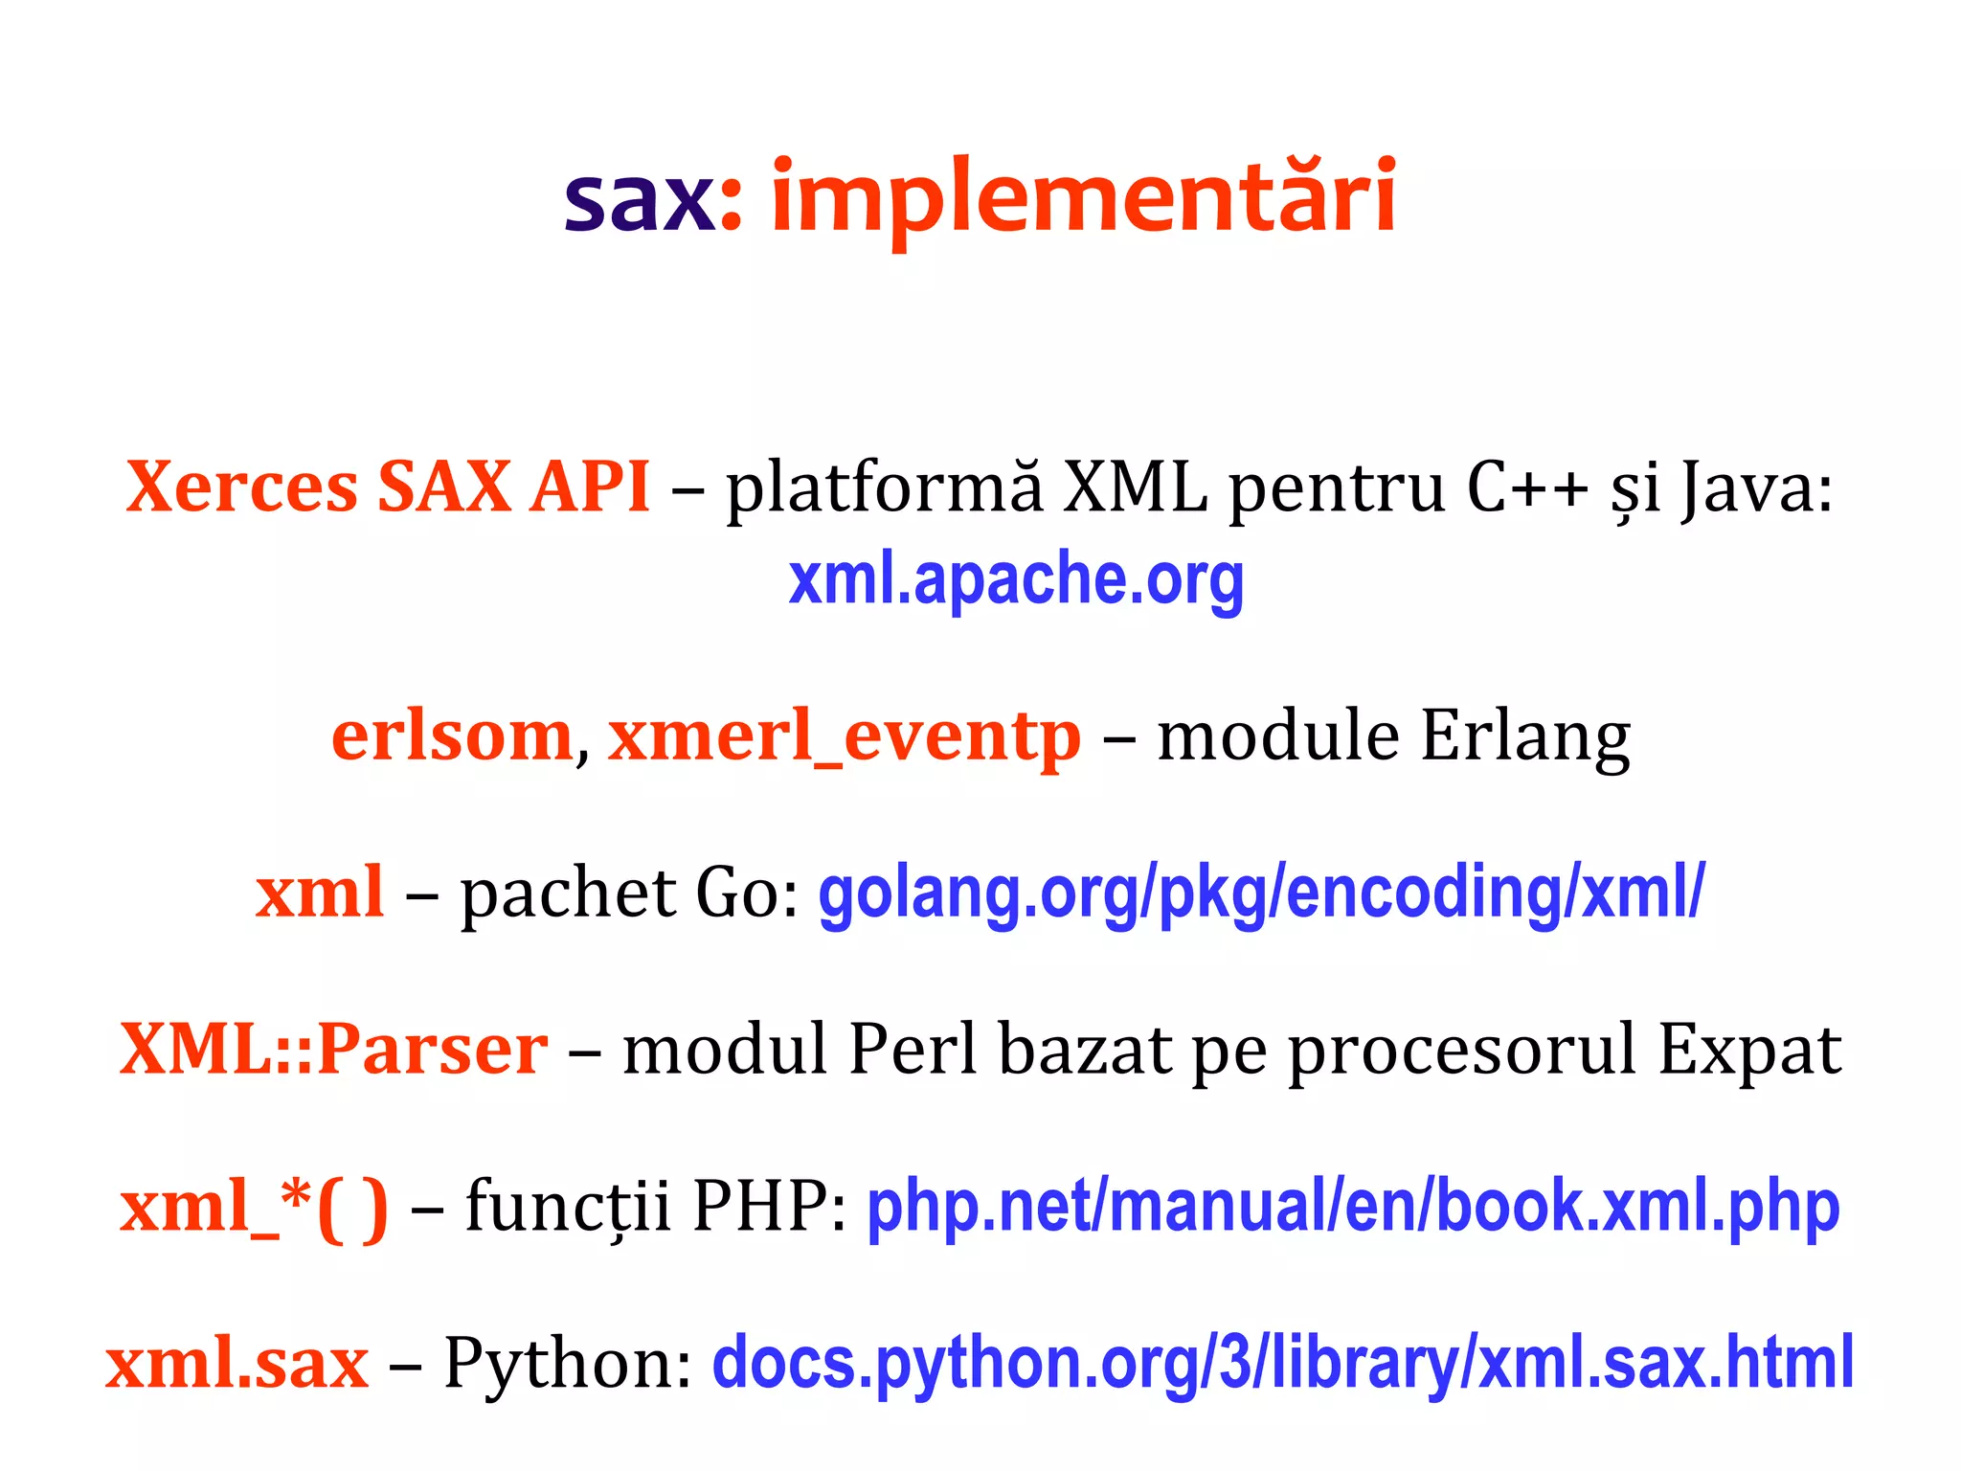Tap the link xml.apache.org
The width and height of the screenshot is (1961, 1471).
click(x=1016, y=579)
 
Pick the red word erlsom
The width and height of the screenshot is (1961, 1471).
click(x=452, y=736)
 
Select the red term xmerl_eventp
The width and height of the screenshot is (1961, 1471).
click(x=844, y=738)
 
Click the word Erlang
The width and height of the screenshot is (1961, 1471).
click(x=1524, y=738)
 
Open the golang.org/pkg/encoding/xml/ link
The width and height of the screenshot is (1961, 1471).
click(x=1261, y=894)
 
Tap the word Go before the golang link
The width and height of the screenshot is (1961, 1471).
click(x=734, y=894)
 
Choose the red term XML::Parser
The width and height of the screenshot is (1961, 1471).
click(x=333, y=1050)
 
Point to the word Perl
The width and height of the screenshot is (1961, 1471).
click(x=913, y=1050)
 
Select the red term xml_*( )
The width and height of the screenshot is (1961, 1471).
click(x=254, y=1207)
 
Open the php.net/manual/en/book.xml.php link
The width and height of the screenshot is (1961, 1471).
click(x=1353, y=1207)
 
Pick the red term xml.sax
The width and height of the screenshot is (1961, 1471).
click(x=237, y=1364)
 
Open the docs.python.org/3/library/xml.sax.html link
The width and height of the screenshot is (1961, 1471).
click(x=1283, y=1364)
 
